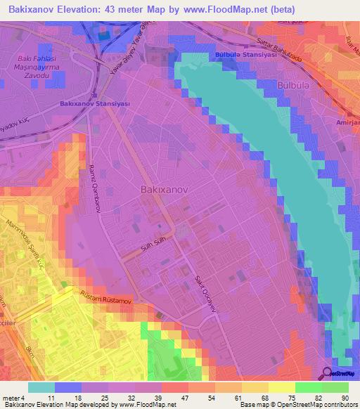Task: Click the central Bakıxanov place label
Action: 167,190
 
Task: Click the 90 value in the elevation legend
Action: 344,398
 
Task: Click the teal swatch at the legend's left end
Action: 41,387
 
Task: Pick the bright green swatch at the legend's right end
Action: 335,387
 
